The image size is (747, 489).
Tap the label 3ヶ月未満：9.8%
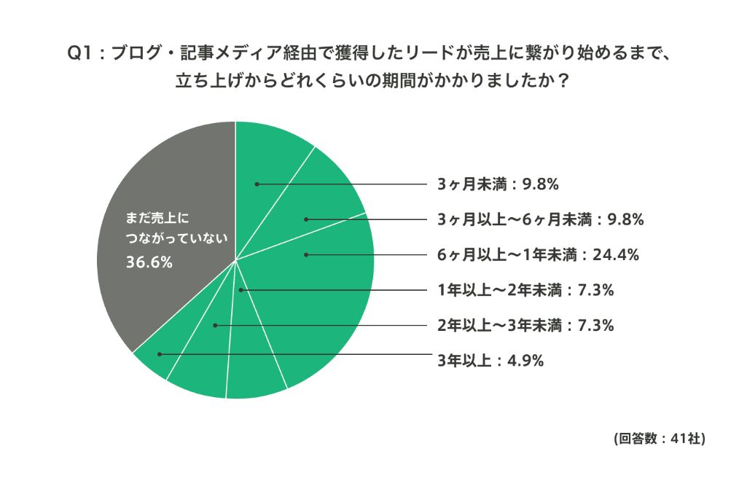click(x=498, y=184)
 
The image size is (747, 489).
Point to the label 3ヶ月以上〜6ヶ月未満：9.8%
click(x=540, y=219)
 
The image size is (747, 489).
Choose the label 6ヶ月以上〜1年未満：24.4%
click(x=538, y=254)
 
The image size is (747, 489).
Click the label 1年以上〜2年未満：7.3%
click(x=525, y=290)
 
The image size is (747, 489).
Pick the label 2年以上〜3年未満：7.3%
click(x=525, y=325)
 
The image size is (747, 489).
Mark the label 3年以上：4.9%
click(x=490, y=360)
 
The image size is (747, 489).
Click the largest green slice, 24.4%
click(x=328, y=292)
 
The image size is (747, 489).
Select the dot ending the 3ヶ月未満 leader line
click(x=257, y=184)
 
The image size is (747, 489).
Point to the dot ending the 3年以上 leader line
click(x=160, y=355)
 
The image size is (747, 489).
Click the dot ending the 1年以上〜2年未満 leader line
click(x=242, y=290)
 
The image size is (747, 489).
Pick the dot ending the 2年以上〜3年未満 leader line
click(x=215, y=325)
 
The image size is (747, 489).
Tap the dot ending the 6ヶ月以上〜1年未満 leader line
click(x=306, y=254)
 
